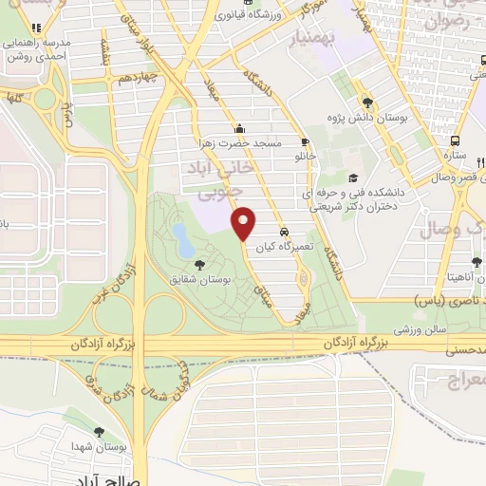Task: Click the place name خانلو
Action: click(x=304, y=155)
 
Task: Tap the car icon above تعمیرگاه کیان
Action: click(x=285, y=232)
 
